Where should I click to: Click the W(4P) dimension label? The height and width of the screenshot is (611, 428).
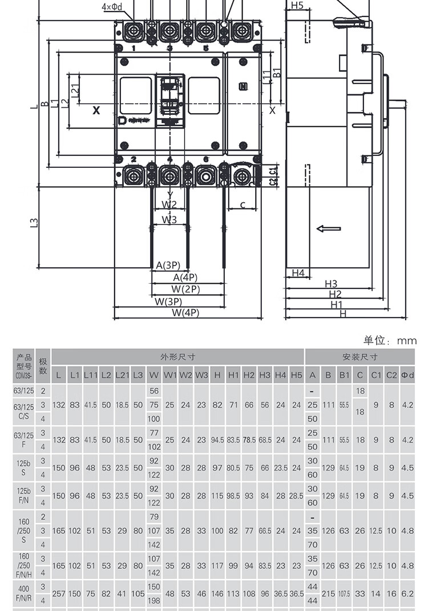[x=185, y=313]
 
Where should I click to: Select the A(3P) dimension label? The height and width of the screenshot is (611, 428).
[x=168, y=266]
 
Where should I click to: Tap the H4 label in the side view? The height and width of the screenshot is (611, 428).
[x=298, y=274]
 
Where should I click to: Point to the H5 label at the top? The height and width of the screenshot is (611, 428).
[x=297, y=6]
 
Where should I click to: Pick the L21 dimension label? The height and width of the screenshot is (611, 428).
[x=74, y=90]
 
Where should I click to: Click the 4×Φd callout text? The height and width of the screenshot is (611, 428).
[x=112, y=7]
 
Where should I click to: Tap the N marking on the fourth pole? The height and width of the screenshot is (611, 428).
[x=243, y=87]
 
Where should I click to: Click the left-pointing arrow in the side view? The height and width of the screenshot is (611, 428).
[x=328, y=229]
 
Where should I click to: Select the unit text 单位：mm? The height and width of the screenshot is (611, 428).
[x=390, y=340]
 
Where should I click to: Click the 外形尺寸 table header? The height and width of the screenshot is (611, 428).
[x=177, y=357]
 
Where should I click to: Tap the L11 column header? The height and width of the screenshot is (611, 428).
[x=91, y=375]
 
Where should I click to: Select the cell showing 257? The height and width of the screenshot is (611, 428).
[x=59, y=594]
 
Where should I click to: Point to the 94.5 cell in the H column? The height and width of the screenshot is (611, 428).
[x=217, y=440]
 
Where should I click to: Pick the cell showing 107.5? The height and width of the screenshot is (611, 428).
[x=344, y=594]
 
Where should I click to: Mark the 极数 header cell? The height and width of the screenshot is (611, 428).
[x=43, y=366]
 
